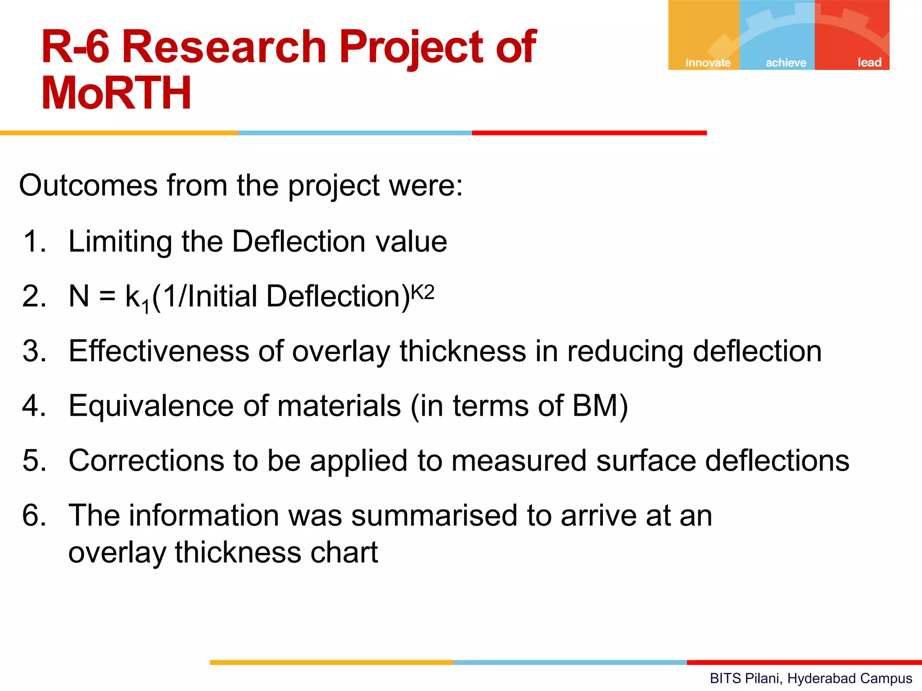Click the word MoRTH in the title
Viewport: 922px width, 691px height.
[116, 93]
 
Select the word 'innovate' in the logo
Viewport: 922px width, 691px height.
[708, 63]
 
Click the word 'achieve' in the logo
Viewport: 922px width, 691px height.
[786, 63]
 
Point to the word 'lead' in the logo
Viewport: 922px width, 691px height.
[869, 63]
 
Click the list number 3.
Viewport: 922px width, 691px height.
[34, 351]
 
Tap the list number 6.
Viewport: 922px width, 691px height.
[34, 515]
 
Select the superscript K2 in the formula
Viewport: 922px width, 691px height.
[423, 293]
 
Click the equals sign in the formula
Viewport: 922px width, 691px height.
[107, 296]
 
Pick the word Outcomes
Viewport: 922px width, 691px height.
[88, 185]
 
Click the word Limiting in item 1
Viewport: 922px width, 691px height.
[120, 242]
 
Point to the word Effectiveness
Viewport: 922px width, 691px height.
[159, 351]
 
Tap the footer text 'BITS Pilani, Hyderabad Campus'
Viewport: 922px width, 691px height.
[811, 678]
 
